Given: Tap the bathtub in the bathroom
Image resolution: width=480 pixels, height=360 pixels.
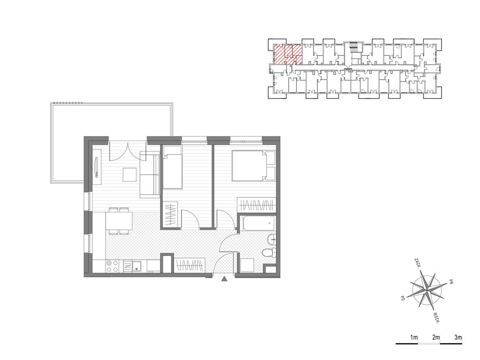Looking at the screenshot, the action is pyautogui.click(x=257, y=223).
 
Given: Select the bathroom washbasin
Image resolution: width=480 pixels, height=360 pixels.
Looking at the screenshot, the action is pyautogui.click(x=271, y=240).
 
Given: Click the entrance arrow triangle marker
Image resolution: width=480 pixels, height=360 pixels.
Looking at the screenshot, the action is pyautogui.click(x=225, y=279).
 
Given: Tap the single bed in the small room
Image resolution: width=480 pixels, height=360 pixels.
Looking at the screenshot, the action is pyautogui.click(x=172, y=167).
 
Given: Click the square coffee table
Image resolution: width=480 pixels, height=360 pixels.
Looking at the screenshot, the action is pyautogui.click(x=130, y=174).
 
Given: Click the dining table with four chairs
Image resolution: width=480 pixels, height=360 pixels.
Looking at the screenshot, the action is pyautogui.click(x=119, y=221).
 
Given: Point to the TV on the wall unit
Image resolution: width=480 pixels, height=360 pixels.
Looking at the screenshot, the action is pyautogui.click(x=97, y=167).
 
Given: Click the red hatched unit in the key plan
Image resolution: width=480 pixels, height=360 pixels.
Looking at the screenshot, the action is pyautogui.click(x=287, y=54).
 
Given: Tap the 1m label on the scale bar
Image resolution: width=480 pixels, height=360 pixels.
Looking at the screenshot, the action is pyautogui.click(x=414, y=337).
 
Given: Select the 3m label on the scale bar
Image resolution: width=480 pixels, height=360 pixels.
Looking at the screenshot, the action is pyautogui.click(x=458, y=337).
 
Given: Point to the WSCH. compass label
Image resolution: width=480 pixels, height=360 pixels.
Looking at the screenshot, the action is pyautogui.click(x=437, y=318).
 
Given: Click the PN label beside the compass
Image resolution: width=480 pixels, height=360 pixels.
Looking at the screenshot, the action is pyautogui.click(x=450, y=282).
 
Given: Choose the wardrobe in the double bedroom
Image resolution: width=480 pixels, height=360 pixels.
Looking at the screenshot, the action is pyautogui.click(x=256, y=204).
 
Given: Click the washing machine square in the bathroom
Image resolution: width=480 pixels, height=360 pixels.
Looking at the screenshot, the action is pyautogui.click(x=247, y=265).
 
